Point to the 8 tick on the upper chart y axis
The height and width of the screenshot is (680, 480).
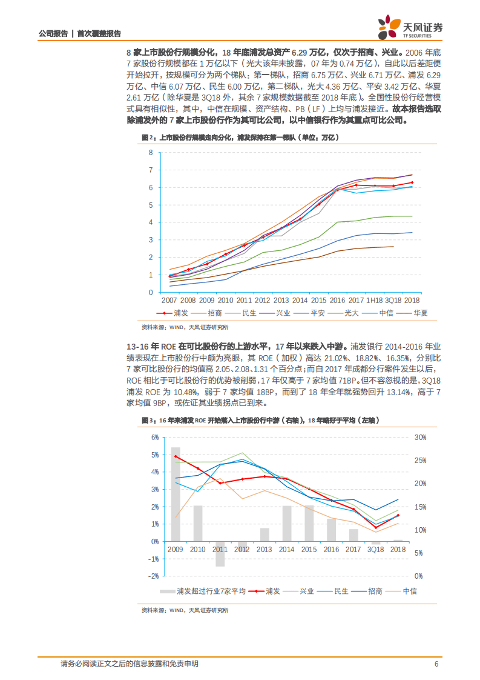point(151,152)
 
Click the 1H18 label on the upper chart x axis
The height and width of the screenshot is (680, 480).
point(375,300)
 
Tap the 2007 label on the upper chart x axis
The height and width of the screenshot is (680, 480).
point(169,300)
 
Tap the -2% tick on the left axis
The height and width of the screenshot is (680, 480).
point(154,576)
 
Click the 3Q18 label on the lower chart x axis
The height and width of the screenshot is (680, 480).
point(375,549)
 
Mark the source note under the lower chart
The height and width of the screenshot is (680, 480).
point(185,610)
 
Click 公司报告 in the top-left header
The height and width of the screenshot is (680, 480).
point(53,34)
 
